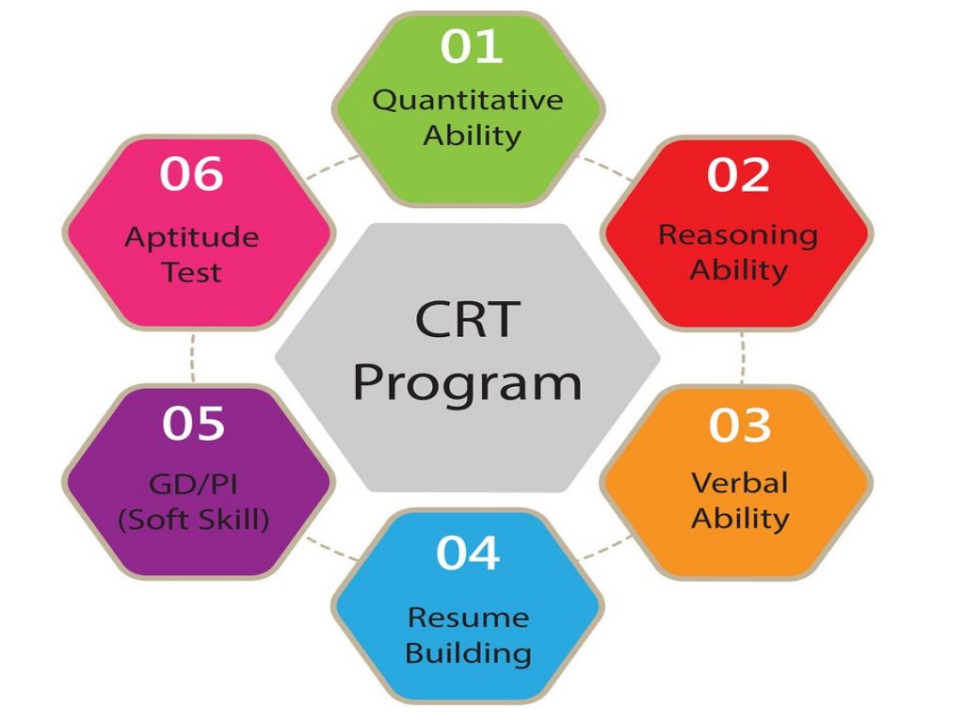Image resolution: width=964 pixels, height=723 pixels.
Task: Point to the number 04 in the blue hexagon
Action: click(467, 553)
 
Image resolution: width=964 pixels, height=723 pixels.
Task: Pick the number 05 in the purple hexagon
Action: click(193, 424)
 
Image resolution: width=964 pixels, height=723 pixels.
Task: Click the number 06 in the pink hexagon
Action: click(191, 174)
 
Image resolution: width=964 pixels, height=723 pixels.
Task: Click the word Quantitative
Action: click(467, 101)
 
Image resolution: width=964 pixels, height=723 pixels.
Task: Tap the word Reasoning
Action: click(738, 234)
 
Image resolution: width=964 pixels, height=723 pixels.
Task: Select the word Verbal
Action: click(739, 483)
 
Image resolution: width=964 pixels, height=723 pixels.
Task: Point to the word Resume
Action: click(468, 618)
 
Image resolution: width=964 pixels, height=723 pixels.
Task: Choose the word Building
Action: click(468, 652)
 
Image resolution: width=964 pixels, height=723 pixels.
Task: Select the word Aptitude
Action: click(192, 236)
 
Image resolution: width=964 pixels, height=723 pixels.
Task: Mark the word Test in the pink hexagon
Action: click(191, 272)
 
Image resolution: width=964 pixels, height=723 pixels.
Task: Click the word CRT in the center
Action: click(467, 321)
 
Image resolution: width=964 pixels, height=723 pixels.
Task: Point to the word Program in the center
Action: click(467, 383)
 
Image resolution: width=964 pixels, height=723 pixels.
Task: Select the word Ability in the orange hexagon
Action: click(740, 519)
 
